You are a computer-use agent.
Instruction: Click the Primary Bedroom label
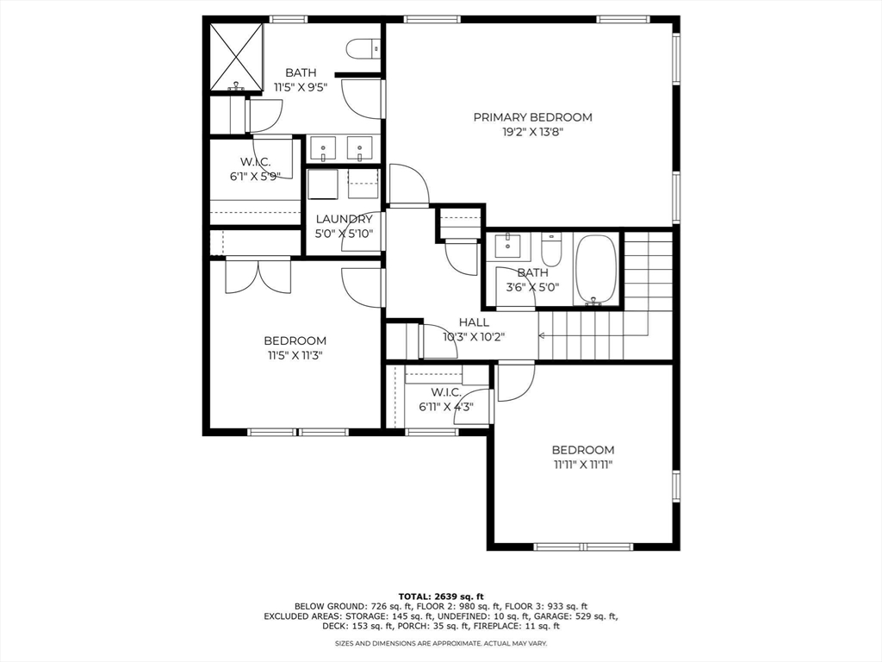click(x=532, y=117)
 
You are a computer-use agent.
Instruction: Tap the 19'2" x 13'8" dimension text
click(x=532, y=132)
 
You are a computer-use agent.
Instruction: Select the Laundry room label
click(x=344, y=219)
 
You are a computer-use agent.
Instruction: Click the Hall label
click(x=474, y=322)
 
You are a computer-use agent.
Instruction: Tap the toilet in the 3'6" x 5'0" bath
click(x=551, y=250)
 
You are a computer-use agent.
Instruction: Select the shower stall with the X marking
click(x=236, y=57)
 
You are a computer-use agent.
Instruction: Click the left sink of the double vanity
click(x=323, y=149)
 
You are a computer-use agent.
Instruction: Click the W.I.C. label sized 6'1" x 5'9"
click(x=255, y=162)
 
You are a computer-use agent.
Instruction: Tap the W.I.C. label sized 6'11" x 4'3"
click(x=440, y=392)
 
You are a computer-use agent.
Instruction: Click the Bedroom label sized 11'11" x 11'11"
click(x=582, y=450)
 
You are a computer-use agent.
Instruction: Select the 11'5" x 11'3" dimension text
click(x=295, y=354)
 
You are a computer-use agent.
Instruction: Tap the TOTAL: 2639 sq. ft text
click(x=440, y=596)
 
